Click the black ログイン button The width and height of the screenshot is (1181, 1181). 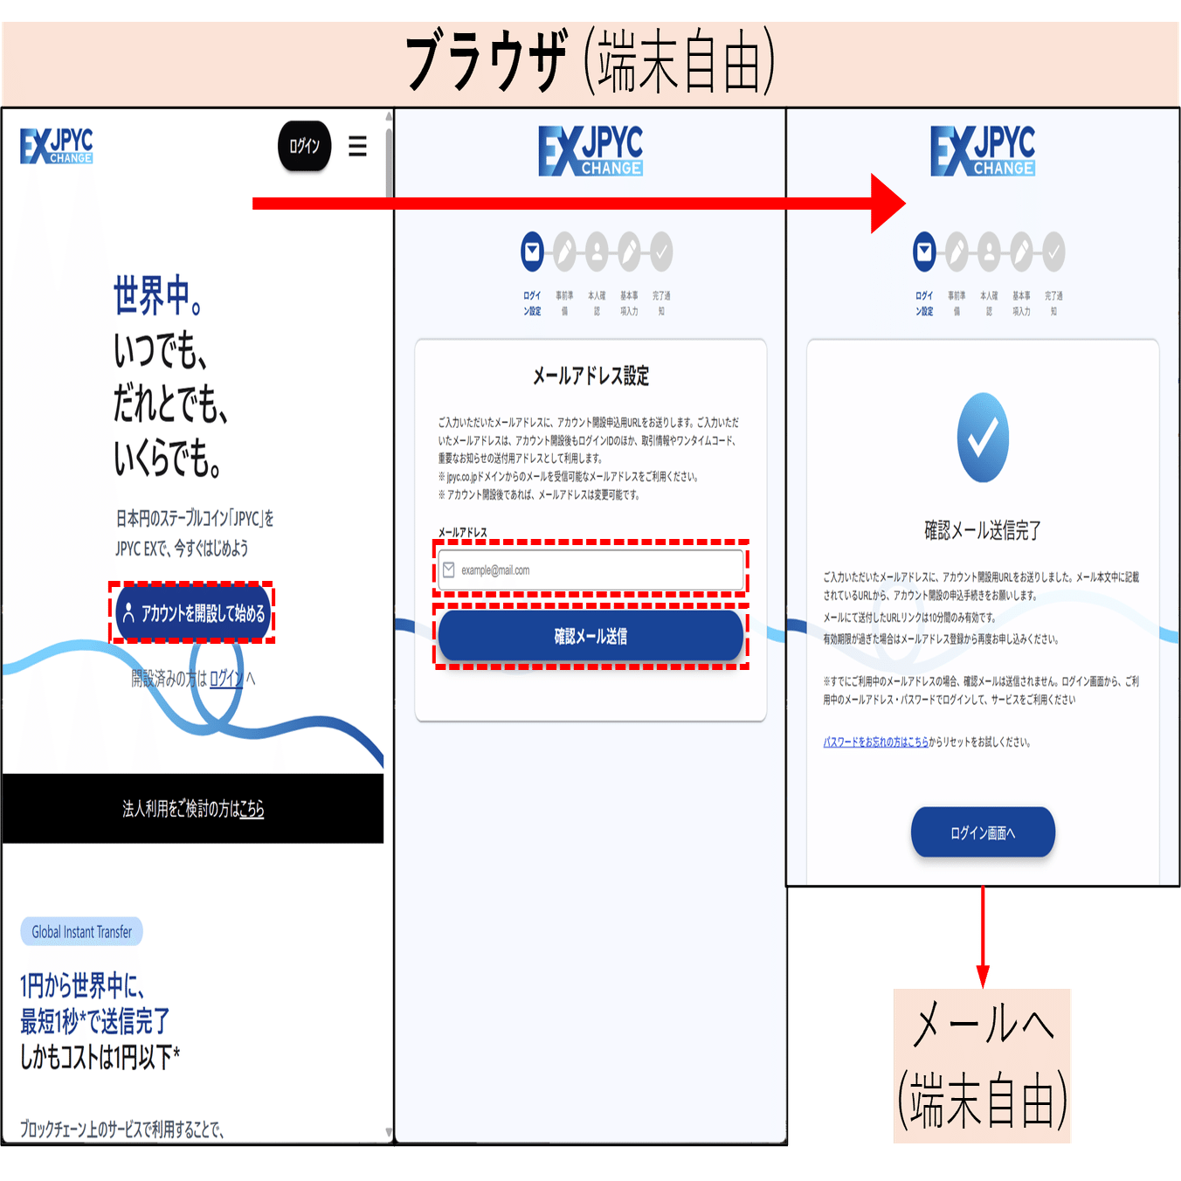[304, 146]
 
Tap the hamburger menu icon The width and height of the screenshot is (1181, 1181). [357, 146]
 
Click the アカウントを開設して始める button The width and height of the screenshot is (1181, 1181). [193, 613]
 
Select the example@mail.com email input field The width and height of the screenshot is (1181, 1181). [591, 570]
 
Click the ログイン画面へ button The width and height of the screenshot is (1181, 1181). [983, 832]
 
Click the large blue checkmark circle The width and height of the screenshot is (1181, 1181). [983, 438]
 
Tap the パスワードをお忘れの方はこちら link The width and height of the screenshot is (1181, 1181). [875, 742]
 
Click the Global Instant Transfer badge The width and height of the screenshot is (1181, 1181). [81, 932]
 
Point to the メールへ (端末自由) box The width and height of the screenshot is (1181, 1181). [983, 1066]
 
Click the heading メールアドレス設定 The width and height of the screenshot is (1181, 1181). [591, 376]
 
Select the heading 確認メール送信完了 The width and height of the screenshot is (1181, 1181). [983, 530]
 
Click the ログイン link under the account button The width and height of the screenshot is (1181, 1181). [226, 679]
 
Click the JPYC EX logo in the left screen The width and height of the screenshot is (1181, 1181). [57, 146]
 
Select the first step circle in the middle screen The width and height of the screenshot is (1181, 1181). [532, 252]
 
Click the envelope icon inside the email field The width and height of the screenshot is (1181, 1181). [449, 570]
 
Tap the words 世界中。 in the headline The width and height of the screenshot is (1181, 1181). [158, 295]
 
